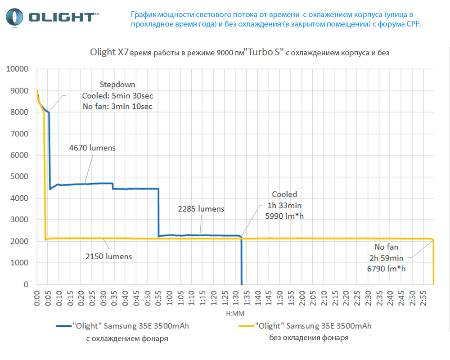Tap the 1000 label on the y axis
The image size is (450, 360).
point(20,263)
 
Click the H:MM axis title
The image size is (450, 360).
point(235,312)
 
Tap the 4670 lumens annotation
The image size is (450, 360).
point(93,148)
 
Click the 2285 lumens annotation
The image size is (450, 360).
point(201,209)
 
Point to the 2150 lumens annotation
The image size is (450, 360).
point(108,256)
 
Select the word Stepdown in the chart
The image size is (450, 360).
point(117,85)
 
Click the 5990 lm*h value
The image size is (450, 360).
point(284,216)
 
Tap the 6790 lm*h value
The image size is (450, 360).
point(386,269)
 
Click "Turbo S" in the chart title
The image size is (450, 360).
point(264,52)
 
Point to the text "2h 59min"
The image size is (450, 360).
point(387,258)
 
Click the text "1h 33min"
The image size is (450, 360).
point(285,205)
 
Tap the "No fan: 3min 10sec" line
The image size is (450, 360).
point(117,106)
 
